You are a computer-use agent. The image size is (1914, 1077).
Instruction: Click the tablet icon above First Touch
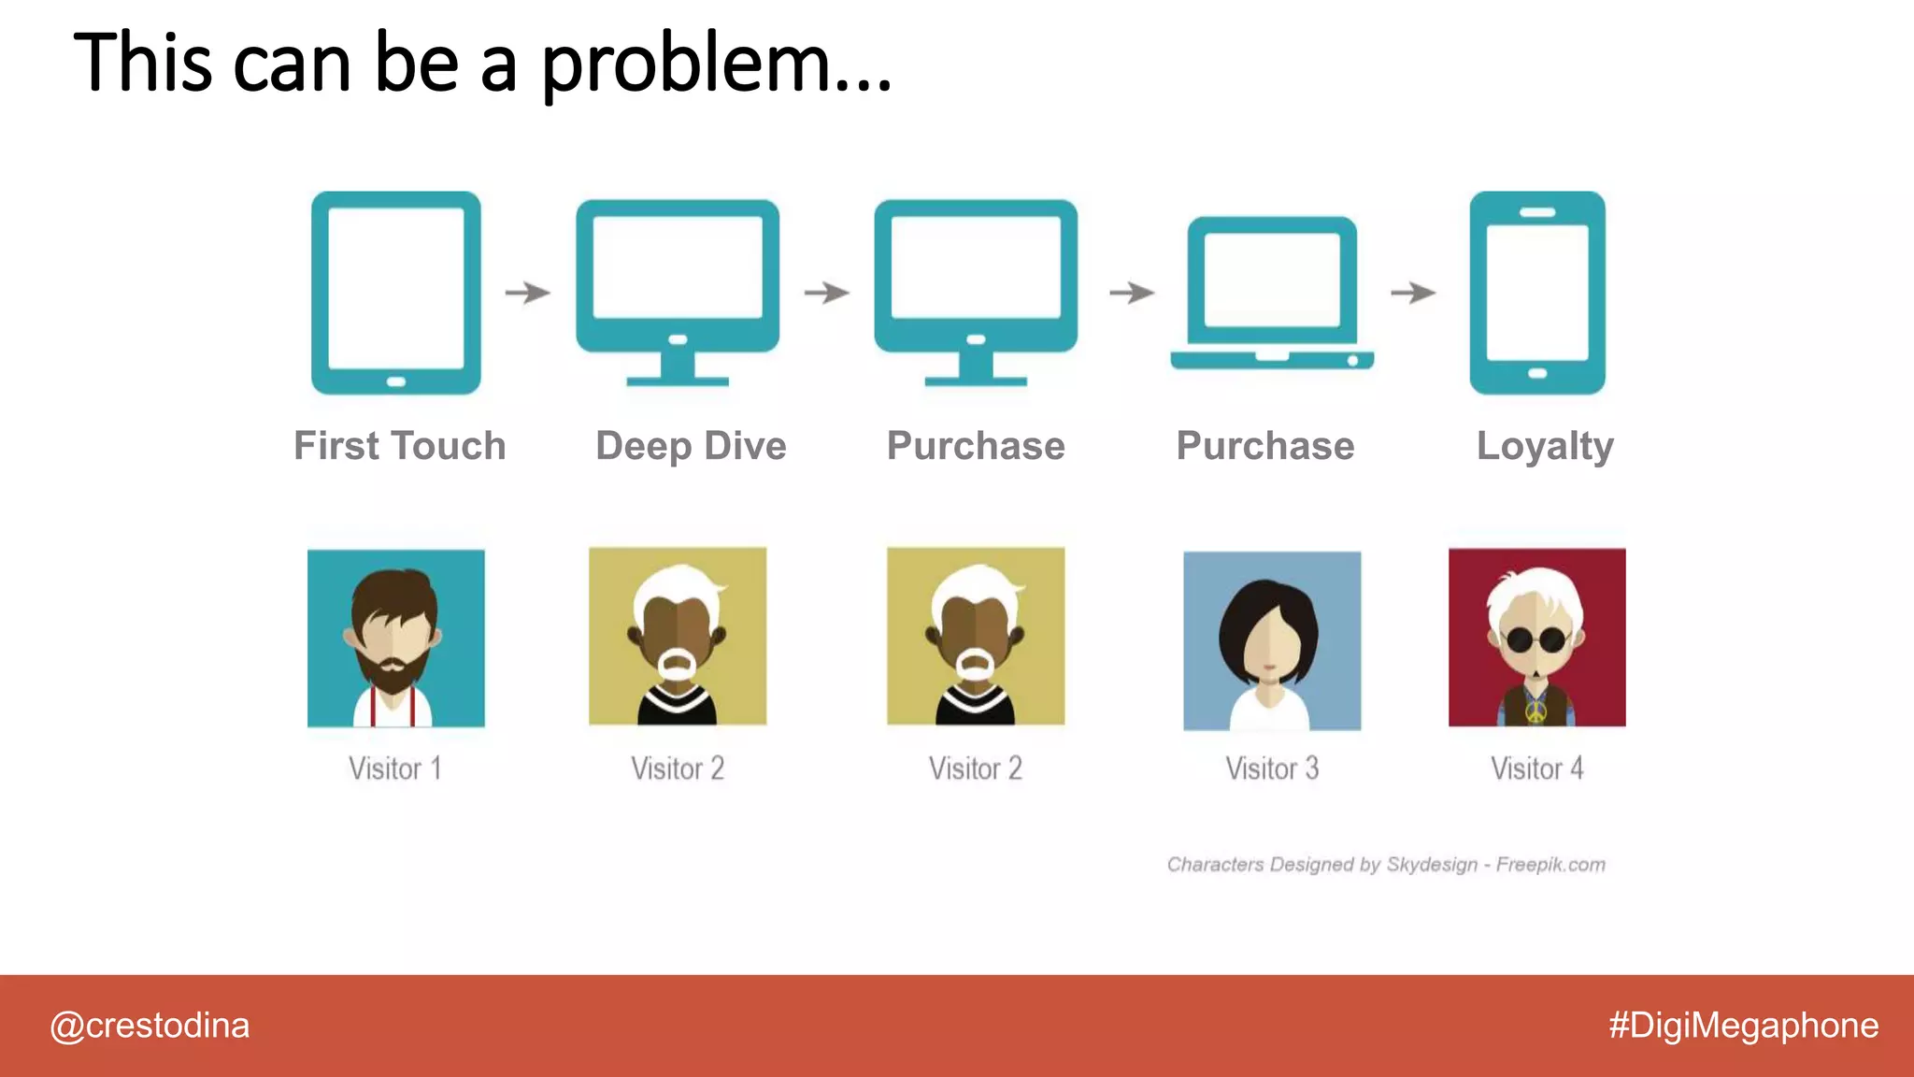(x=395, y=292)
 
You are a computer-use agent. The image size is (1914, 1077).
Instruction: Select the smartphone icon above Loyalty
(x=1537, y=292)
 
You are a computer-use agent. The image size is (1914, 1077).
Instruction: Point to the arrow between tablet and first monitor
(x=527, y=293)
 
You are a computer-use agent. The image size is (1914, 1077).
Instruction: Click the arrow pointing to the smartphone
(x=1412, y=293)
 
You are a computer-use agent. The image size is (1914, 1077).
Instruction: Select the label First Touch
(x=400, y=446)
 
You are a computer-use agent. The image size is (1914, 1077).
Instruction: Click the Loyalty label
(x=1545, y=447)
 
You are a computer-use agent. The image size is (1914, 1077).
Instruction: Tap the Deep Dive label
(x=691, y=446)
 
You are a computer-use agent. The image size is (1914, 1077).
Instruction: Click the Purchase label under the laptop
(x=1264, y=446)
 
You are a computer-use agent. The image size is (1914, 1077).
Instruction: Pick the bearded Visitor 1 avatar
(x=395, y=638)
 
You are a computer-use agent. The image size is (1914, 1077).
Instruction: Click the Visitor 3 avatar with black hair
(x=1271, y=640)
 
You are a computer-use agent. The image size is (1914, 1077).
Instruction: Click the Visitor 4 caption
(x=1536, y=768)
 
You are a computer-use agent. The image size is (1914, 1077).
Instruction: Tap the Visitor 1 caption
(x=394, y=768)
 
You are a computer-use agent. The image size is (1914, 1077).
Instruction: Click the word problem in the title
(x=715, y=64)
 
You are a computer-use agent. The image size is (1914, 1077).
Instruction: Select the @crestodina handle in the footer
(x=150, y=1026)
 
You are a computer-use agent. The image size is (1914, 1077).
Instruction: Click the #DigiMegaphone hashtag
(x=1743, y=1026)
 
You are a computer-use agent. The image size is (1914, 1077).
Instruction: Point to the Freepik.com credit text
(x=1550, y=865)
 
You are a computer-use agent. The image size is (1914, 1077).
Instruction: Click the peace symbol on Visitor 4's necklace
(x=1535, y=713)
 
